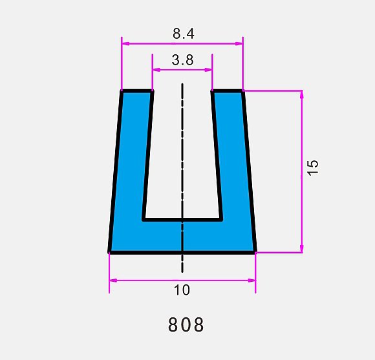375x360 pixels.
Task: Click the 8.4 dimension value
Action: [184, 34]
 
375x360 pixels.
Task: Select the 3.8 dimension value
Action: [182, 60]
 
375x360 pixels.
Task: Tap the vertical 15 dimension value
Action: [313, 168]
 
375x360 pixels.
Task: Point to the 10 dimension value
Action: [182, 290]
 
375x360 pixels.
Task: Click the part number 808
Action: [186, 324]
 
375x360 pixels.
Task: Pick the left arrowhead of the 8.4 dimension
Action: [125, 43]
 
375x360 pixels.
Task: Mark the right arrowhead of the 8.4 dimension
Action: [239, 43]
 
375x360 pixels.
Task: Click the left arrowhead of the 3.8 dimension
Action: [156, 70]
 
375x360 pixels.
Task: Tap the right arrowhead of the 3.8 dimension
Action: [208, 70]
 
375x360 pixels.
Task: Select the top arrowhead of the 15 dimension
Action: [301, 94]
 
